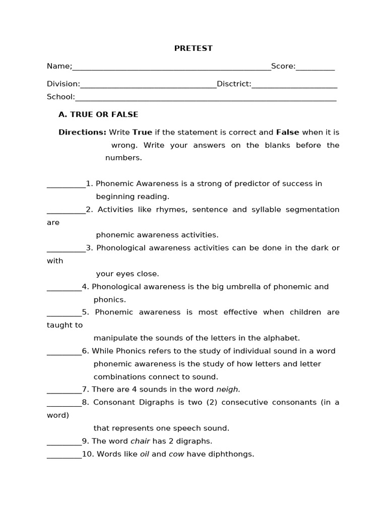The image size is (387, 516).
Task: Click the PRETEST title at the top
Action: (x=193, y=48)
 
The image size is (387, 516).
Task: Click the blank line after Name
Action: (x=171, y=70)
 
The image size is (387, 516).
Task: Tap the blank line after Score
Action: (x=315, y=70)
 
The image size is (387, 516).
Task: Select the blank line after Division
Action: (x=148, y=87)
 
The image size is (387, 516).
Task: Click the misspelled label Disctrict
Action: (x=234, y=84)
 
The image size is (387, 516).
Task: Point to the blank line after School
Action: (x=206, y=100)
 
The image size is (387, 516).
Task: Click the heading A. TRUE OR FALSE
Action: (x=98, y=115)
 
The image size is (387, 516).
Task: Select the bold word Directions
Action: (x=82, y=133)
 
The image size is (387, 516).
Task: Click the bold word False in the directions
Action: (x=287, y=133)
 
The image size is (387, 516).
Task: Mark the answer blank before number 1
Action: (x=66, y=186)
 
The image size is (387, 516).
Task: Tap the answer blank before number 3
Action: (x=66, y=251)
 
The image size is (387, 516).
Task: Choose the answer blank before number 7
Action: (x=64, y=392)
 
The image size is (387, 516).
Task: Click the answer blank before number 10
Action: (x=64, y=457)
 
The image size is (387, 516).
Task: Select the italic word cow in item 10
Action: (x=176, y=454)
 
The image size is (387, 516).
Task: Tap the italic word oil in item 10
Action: (x=145, y=454)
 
